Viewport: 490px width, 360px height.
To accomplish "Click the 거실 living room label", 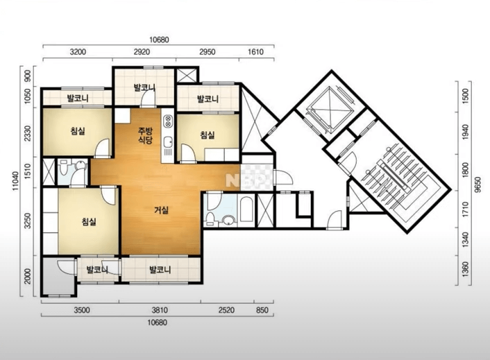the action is point(161,210).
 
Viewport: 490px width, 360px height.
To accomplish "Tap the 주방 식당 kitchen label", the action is point(145,135).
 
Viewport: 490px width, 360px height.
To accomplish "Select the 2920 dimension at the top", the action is point(142,51).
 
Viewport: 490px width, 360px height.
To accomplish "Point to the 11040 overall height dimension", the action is point(16,182).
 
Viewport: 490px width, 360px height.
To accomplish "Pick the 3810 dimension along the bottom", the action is point(160,310).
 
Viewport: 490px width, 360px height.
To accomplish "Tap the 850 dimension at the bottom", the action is point(262,310).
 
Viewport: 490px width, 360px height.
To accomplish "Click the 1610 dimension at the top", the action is point(255,51).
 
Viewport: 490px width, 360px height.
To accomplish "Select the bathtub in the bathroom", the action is point(246,209).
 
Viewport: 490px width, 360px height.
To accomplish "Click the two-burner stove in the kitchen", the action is point(168,121).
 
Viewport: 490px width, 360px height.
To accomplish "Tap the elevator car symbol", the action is point(330,107).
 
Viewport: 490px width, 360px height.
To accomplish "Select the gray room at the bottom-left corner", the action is point(58,275).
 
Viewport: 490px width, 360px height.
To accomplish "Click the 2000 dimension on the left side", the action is point(28,276).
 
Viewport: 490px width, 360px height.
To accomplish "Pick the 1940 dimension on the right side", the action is point(465,132).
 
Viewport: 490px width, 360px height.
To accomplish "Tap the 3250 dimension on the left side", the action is point(28,221).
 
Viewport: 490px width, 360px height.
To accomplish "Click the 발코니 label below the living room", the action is point(160,269).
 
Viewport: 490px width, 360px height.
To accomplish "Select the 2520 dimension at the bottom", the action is point(226,310).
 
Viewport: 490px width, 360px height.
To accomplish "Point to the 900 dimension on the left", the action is point(28,76).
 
